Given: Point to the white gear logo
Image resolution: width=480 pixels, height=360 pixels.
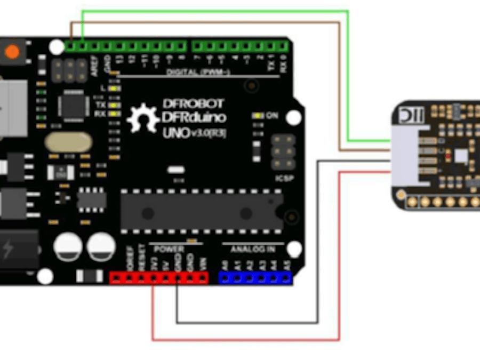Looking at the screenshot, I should [x=142, y=118].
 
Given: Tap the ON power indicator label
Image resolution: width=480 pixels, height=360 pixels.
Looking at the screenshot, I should [x=272, y=115].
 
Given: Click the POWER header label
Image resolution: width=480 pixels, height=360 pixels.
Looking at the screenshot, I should [x=169, y=249].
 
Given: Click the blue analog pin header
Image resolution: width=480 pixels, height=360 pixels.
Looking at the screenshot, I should [x=255, y=277].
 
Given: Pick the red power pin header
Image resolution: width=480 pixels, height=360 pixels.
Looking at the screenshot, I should [x=158, y=277].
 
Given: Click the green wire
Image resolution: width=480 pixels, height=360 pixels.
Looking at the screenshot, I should [x=348, y=75].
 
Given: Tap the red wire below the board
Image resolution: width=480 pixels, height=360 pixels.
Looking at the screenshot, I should [x=245, y=339].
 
